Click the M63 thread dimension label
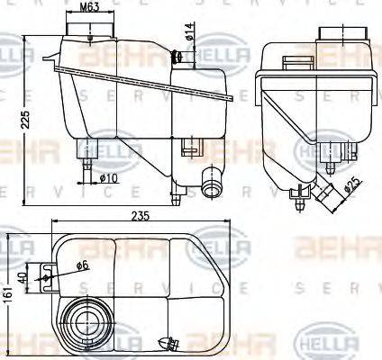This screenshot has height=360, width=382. pyautogui.click(x=89, y=8)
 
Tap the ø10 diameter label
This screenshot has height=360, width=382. pyautogui.click(x=108, y=178)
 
